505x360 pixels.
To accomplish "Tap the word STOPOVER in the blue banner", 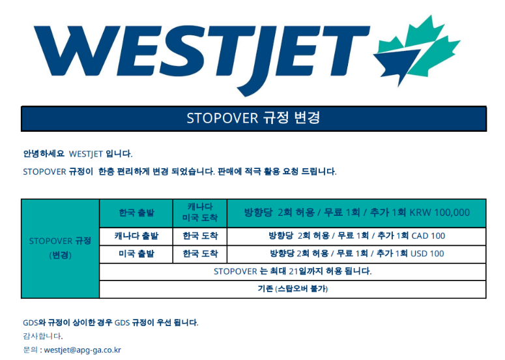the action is click(x=222, y=118).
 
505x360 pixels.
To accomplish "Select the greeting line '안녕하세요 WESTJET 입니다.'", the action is click(x=78, y=154).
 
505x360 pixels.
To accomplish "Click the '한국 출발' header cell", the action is click(x=137, y=213).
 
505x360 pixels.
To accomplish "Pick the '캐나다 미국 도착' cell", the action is click(x=200, y=213).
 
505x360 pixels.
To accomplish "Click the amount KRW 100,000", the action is click(x=440, y=213).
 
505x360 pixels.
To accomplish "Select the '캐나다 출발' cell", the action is click(x=137, y=236).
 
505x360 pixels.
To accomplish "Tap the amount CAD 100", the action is click(x=428, y=236).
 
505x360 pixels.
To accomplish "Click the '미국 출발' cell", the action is click(x=137, y=254).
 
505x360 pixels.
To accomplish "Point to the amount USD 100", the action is click(x=427, y=254).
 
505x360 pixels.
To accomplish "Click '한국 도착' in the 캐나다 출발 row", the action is click(x=200, y=236).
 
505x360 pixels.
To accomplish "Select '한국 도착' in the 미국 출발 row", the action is click(x=200, y=254).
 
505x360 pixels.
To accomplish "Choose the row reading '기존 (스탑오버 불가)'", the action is click(x=293, y=289).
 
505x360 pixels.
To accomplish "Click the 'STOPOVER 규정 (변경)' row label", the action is click(x=60, y=248).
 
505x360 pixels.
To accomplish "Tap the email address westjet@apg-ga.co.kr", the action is click(x=83, y=350).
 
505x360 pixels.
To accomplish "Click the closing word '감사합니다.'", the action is click(x=43, y=336).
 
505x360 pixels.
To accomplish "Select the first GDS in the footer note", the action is click(x=31, y=323).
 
